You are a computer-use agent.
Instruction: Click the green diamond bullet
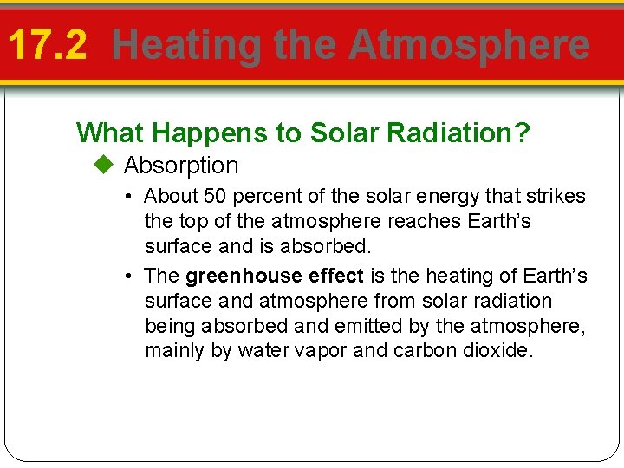[x=105, y=165]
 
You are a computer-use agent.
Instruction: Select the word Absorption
[x=181, y=165]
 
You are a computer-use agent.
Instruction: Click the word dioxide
[x=497, y=351]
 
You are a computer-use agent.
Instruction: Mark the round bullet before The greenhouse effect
[x=127, y=276]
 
